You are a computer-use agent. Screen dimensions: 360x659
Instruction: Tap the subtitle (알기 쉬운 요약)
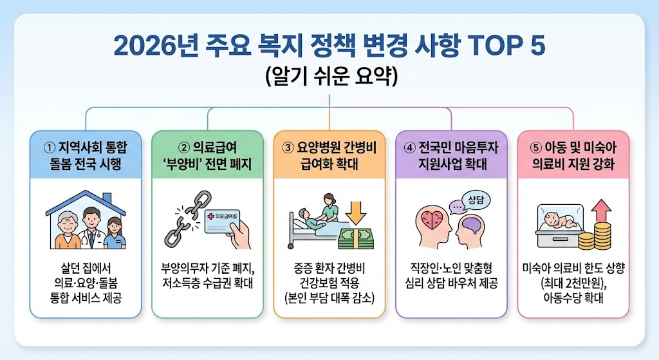coord(329,76)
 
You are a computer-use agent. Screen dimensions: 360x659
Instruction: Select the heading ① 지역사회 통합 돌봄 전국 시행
coord(86,155)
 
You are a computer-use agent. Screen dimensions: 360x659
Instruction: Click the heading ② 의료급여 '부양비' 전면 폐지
coord(207,155)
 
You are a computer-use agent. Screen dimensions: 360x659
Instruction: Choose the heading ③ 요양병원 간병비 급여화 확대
coord(329,155)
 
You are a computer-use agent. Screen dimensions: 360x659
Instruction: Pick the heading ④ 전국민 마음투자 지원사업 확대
coord(450,155)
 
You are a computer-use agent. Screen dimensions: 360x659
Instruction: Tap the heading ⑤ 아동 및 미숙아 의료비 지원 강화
coord(573,155)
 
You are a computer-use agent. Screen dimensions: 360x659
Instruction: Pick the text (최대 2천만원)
coord(573,284)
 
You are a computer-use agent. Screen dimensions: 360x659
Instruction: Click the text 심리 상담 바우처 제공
coord(450,284)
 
